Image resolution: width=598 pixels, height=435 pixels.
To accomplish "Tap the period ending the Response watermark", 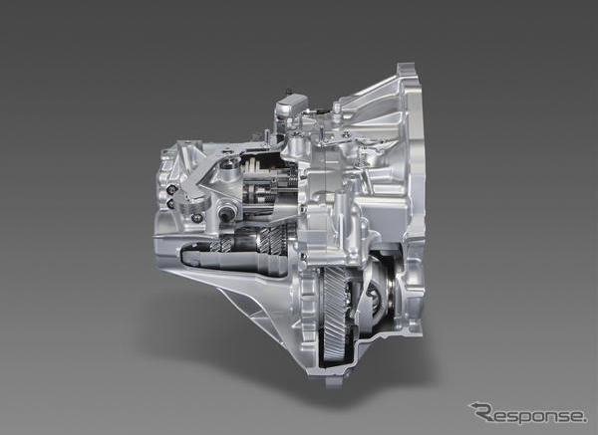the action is [585, 420].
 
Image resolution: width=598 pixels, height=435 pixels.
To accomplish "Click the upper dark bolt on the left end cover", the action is [172, 189].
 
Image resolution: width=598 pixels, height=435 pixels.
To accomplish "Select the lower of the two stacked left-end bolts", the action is [171, 204].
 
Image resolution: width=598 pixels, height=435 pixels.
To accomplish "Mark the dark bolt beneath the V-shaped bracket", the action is [197, 218].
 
